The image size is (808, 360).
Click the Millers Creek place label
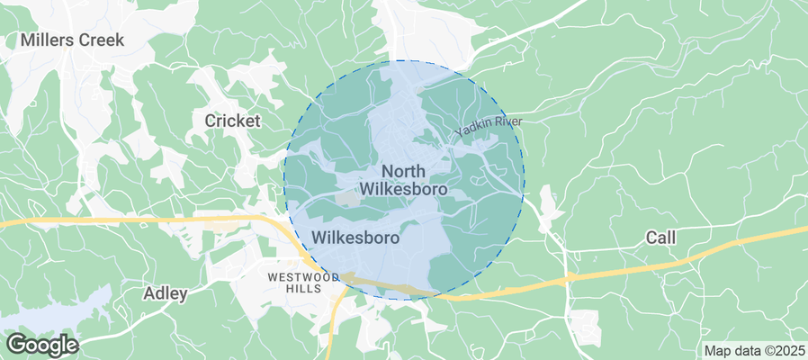72,40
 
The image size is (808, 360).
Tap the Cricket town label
232,121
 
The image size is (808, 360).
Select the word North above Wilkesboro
404,171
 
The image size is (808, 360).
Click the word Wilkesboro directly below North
404,189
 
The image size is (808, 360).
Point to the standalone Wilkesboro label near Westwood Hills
355,238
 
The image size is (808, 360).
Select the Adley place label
166,293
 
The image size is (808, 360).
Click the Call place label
660,238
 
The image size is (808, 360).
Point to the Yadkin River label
488,127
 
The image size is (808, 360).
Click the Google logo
41,345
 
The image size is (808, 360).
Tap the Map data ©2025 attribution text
753,350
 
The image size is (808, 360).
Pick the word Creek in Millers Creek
103,40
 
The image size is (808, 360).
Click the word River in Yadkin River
506,122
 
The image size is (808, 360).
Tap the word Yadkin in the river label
471,132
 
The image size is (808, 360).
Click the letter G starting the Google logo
14,344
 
